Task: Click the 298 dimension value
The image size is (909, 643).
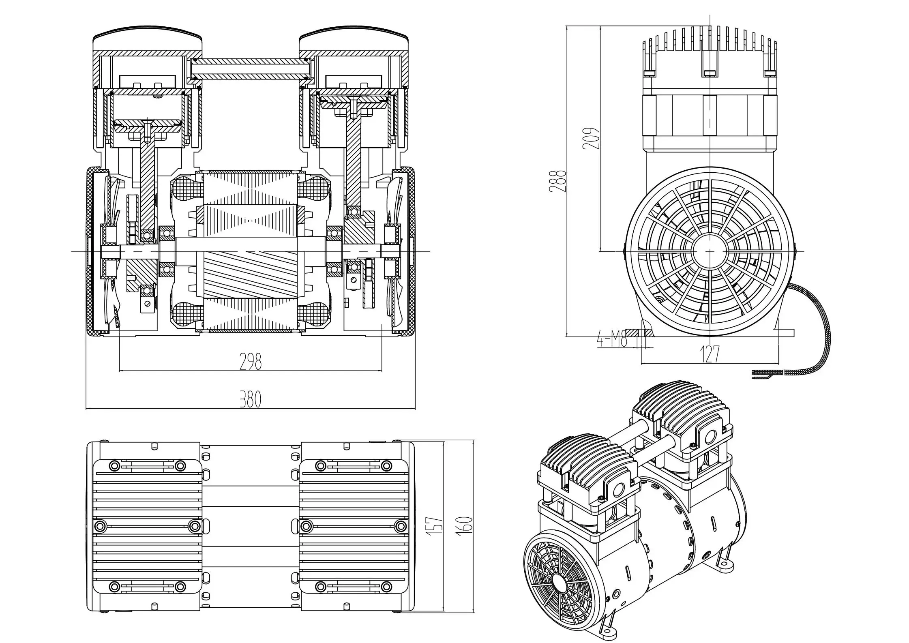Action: [251, 361]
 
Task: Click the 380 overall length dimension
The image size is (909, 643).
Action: [251, 399]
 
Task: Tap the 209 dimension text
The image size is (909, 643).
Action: [590, 139]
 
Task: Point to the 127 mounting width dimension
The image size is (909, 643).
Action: [710, 354]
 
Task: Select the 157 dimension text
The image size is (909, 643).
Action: [435, 532]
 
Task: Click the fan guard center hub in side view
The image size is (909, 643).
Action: [710, 251]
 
